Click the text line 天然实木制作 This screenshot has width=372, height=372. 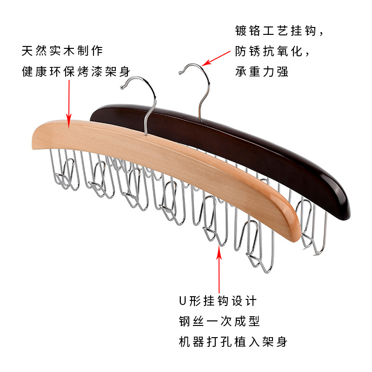click(62, 50)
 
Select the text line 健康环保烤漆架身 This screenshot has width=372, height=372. click(76, 72)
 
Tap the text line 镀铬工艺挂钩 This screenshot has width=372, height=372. click(279, 32)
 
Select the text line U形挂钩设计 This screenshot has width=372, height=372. click(218, 301)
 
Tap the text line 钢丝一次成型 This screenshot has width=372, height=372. click(219, 321)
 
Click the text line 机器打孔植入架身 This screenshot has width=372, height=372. click(233, 342)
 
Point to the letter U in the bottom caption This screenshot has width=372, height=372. click(183, 301)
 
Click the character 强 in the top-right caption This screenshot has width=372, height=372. click(282, 72)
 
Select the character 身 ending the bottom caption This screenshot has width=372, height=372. click(281, 342)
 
